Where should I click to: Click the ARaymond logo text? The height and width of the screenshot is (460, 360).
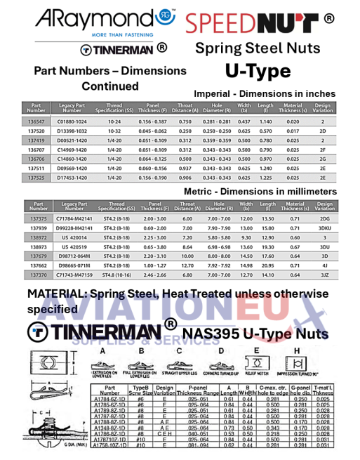(95, 18)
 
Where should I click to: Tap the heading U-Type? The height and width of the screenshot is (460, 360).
(258, 71)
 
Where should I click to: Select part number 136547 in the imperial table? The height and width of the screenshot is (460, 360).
(36, 121)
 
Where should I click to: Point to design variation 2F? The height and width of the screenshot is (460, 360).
(323, 150)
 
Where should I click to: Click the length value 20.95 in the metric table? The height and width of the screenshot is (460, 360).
(266, 267)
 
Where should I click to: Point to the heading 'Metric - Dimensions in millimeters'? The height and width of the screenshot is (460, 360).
(259, 191)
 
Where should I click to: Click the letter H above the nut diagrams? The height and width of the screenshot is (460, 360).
(296, 350)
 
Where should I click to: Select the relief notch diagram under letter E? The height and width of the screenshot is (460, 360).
(258, 364)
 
